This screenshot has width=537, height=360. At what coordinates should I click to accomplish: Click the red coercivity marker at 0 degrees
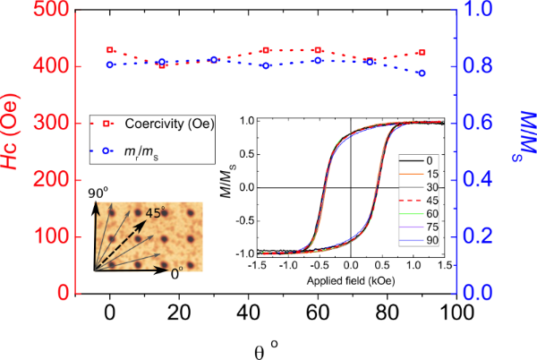pyautogui.click(x=110, y=50)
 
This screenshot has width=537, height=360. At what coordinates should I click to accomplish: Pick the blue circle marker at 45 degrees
pyautogui.click(x=266, y=65)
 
